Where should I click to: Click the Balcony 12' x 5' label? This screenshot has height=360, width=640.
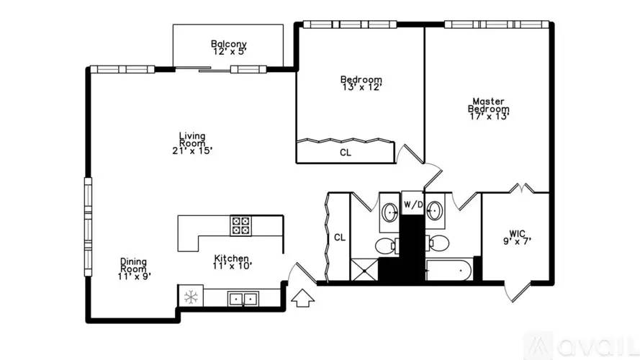coord(229,48)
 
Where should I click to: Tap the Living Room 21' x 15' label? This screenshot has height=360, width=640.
coord(192,143)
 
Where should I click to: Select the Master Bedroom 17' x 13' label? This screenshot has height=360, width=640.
coord(489,109)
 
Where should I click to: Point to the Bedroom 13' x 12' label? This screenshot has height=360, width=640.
coord(361,83)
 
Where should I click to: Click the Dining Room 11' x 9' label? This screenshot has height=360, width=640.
coord(134,269)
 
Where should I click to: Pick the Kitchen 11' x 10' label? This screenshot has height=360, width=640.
coord(232,262)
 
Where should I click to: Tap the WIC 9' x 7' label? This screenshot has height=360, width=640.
coord(517,237)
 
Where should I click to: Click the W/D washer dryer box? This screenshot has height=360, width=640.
coord(413,203)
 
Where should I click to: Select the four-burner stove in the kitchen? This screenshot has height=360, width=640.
coord(240,225)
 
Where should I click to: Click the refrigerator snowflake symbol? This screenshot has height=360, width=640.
coord(191,297)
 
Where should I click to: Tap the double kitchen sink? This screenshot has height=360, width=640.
coord(243,300)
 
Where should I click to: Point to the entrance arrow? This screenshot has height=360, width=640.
coord(302,298)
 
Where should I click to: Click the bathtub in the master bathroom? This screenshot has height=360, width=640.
coord(449,270)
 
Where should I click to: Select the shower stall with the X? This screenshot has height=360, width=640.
coord(364,270)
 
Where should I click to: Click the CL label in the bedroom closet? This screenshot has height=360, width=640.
coord(346,153)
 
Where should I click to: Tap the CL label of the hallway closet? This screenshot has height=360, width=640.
coord(340,237)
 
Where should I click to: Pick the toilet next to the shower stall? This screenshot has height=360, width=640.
coord(387,246)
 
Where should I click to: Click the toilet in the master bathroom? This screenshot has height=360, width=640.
coord(438,243)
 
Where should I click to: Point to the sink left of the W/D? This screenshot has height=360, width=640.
coord(390,212)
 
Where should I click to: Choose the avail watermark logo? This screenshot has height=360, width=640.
coord(581,346)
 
